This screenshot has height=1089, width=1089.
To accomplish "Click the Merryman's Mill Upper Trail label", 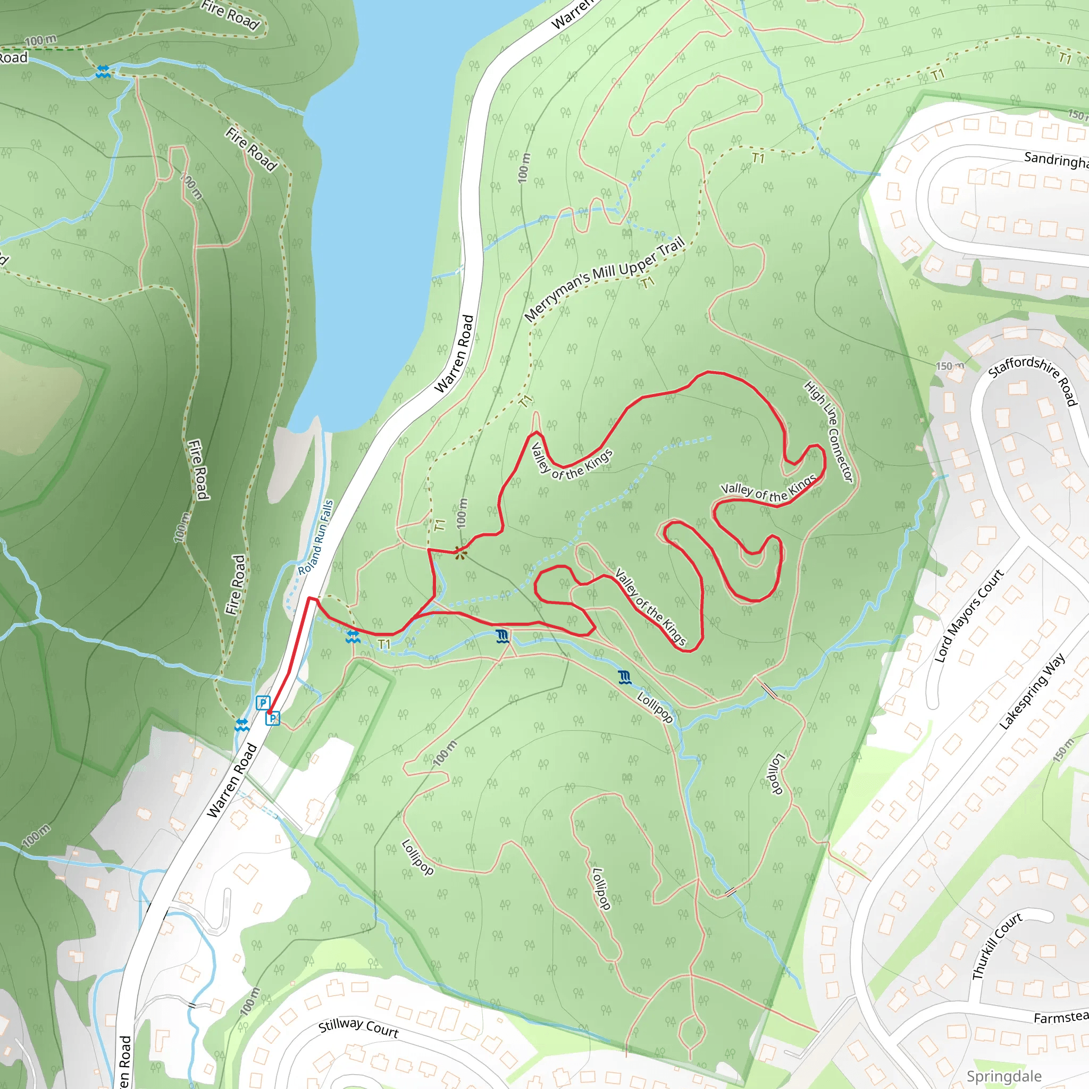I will pos(604,279).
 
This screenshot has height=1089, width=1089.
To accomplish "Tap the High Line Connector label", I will pos(828,431).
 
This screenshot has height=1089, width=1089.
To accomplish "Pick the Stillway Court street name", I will pos(358,1028).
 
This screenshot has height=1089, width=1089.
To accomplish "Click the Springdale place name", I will pos(1004,1076).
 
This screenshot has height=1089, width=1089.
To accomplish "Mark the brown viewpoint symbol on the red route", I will pos(460,554).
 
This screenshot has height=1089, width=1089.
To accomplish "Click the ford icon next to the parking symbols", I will pos(242,725).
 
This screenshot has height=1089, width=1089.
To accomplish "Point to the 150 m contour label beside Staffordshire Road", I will pos(950,366).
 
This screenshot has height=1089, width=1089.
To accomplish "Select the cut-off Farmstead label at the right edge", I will pos(1060,1017).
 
